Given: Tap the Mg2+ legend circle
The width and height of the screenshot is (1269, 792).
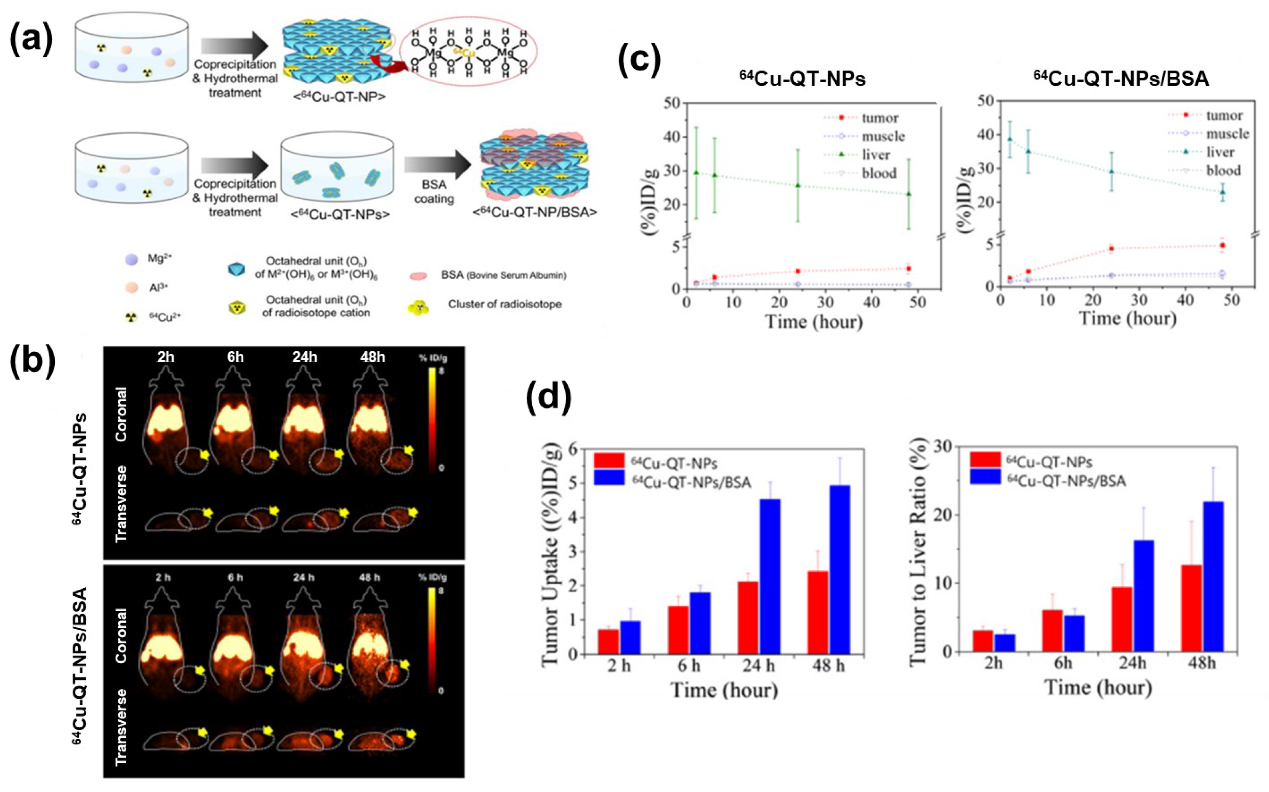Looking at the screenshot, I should point(132,259).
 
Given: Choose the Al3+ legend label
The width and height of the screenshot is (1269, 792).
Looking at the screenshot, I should point(158,288).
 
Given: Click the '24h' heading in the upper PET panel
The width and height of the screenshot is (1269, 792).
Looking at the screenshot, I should point(305,357).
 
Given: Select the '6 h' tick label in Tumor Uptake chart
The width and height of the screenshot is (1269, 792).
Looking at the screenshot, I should point(689,666).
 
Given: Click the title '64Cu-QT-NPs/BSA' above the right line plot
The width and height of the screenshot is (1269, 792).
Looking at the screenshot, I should point(1121,78).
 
